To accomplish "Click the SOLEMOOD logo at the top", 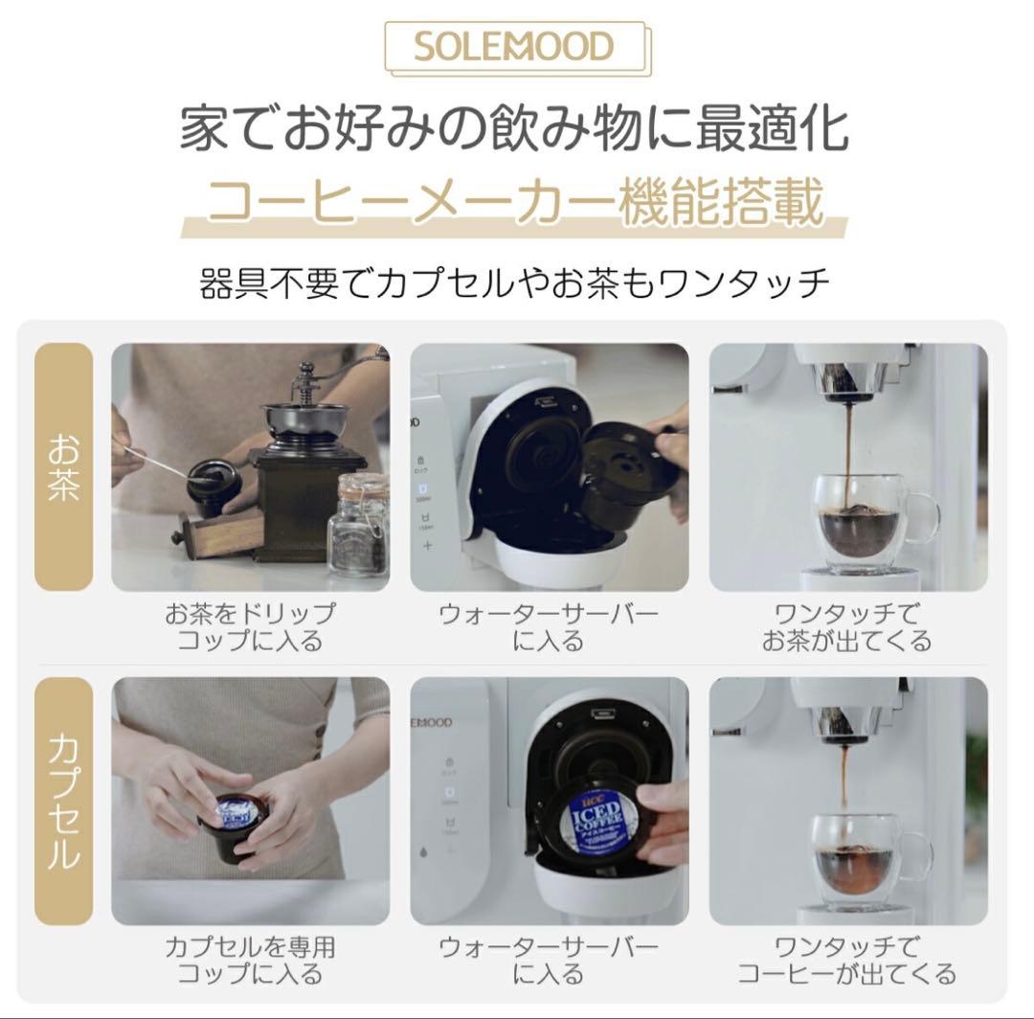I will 514,47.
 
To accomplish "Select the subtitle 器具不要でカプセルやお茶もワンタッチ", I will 514,284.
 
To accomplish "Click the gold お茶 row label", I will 64,466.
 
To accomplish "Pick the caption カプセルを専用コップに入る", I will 251,961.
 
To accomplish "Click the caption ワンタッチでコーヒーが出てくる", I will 846,961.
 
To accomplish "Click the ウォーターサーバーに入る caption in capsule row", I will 549,961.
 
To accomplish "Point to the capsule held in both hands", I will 230,824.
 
